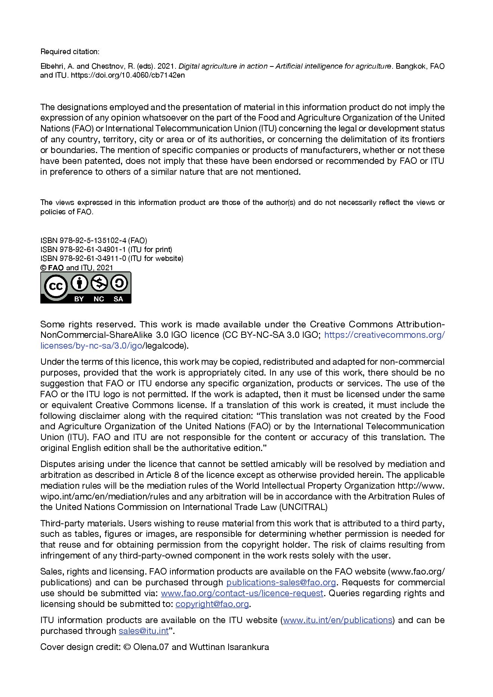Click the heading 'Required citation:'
70,52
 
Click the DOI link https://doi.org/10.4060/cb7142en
128,75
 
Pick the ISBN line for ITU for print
106,249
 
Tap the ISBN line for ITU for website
112,258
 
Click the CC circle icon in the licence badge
56,287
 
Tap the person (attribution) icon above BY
79,283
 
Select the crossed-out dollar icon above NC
99,283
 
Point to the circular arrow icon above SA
119,283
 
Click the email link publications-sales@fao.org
281,582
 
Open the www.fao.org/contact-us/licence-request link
242,593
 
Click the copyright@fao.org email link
212,604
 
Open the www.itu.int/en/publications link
337,620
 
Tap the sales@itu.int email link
143,631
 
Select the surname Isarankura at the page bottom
248,647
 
